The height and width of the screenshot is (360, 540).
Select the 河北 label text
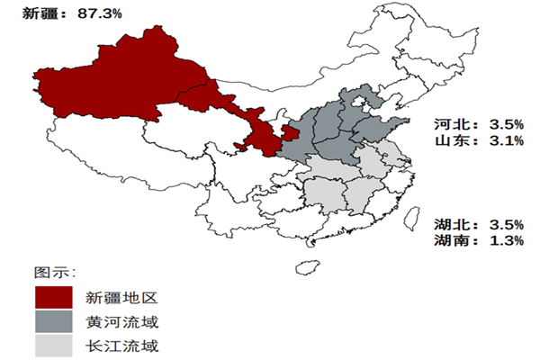448,123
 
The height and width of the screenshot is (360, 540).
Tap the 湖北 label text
448,224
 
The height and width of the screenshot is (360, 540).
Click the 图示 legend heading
53,272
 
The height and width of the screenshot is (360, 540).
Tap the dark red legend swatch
53,297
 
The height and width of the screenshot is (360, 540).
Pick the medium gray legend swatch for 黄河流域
53,322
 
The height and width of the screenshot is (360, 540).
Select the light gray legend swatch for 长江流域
53,346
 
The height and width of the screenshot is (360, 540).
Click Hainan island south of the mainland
308,267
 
